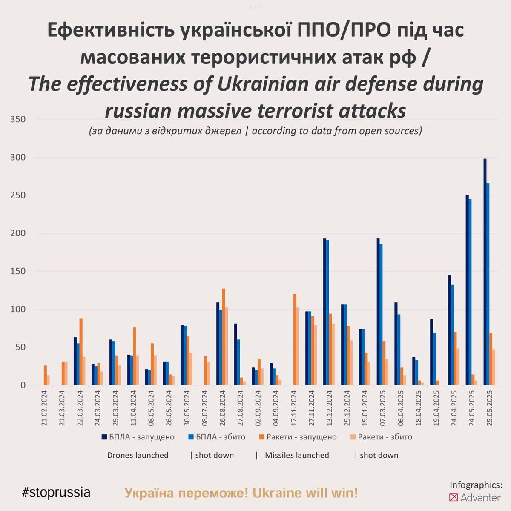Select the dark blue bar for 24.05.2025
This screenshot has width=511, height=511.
(467, 290)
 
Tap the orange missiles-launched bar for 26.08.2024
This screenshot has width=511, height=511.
(224, 337)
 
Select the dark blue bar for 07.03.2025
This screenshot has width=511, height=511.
(378, 311)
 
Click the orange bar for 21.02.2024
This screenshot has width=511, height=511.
(45, 375)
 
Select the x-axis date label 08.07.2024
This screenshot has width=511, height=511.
(205, 409)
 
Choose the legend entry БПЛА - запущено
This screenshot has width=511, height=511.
(138, 437)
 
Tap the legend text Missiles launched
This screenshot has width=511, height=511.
(297, 455)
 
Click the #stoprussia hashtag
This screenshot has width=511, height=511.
(56, 492)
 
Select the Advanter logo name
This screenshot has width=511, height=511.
(480, 497)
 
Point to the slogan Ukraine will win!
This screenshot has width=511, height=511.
(305, 493)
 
